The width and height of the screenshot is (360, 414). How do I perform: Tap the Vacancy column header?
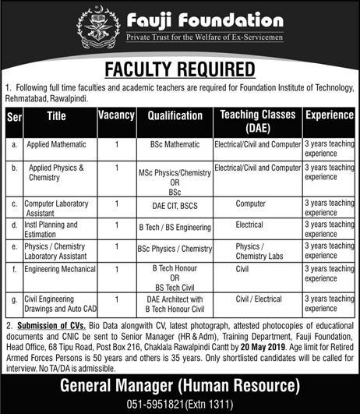(117, 115)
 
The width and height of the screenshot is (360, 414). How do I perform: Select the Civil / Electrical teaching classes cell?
(249, 299)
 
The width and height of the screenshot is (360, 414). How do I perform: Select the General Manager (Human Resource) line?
(180, 385)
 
